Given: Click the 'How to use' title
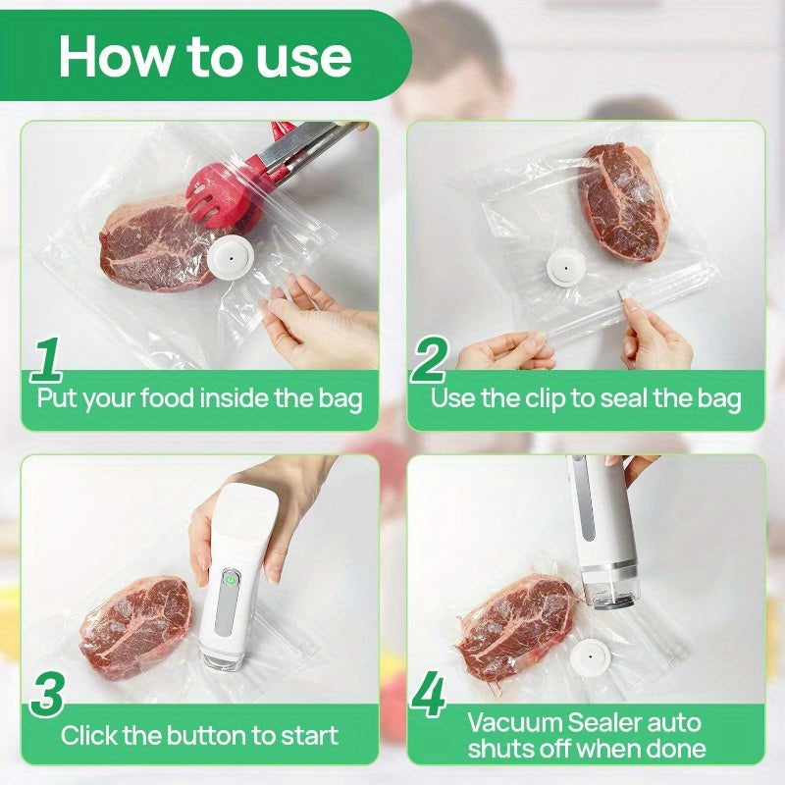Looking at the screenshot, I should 204,56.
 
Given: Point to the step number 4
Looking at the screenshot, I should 428,696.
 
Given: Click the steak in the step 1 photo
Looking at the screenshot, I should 157,245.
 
